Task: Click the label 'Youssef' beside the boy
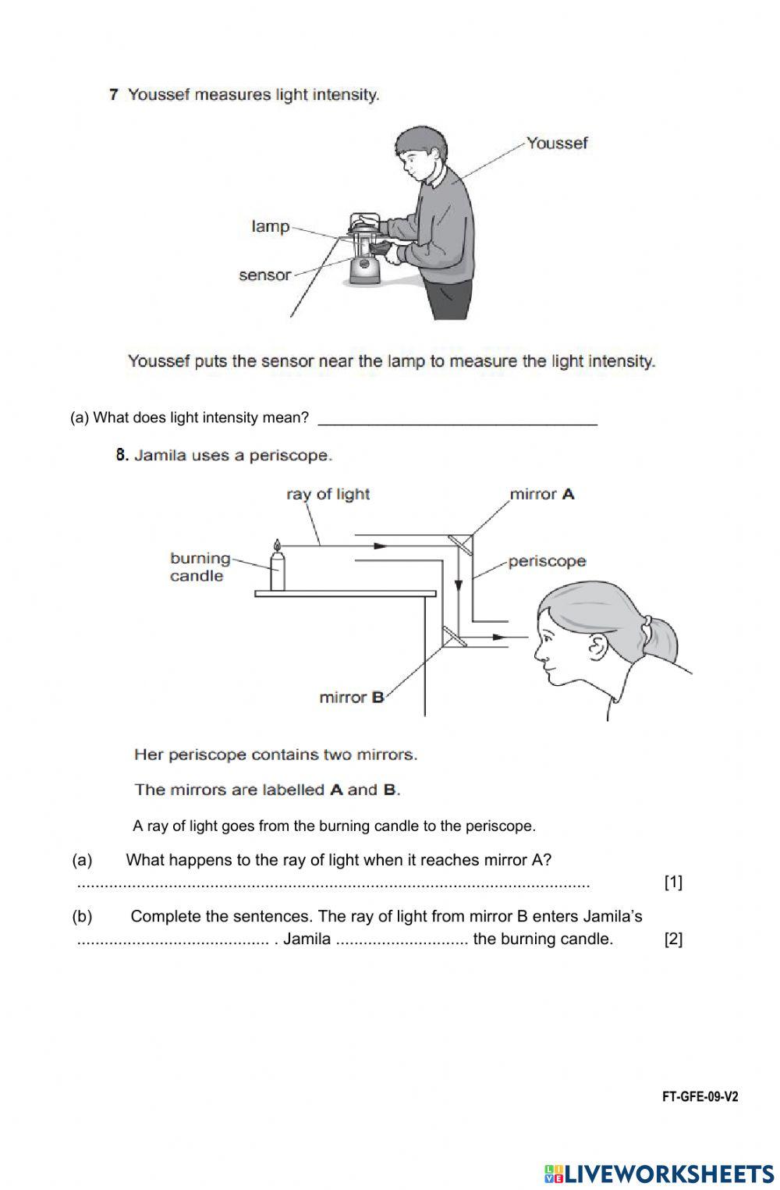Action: (556, 143)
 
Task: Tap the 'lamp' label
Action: (270, 226)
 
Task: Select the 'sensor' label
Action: (264, 275)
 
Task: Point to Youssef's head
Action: (417, 152)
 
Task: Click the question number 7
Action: (114, 94)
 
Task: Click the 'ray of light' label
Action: (328, 494)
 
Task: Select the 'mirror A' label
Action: (541, 494)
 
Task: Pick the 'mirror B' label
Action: (352, 697)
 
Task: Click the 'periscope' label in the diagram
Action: (547, 561)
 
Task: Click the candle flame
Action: (276, 544)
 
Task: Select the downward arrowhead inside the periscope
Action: (459, 585)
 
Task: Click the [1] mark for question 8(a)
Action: (672, 883)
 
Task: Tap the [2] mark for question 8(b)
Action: (672, 939)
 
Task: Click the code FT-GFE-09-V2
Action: (700, 1096)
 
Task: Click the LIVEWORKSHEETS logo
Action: (659, 1172)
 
